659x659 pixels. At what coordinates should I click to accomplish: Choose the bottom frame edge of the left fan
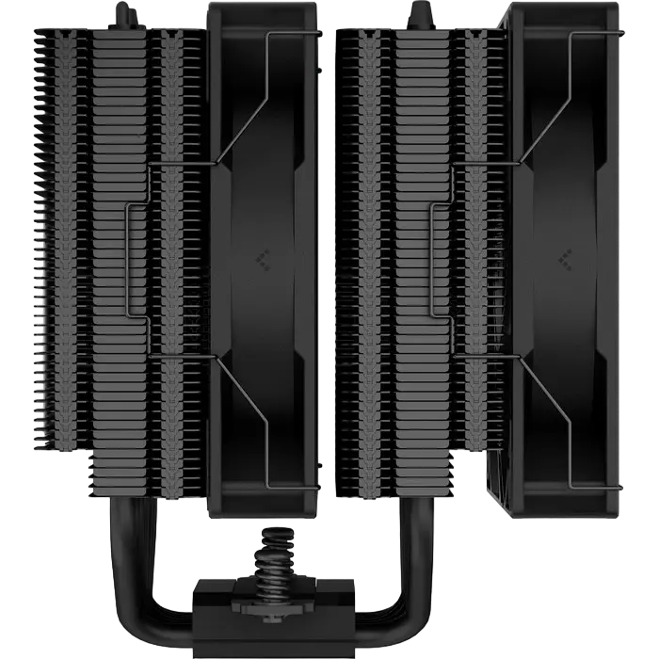265,513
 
